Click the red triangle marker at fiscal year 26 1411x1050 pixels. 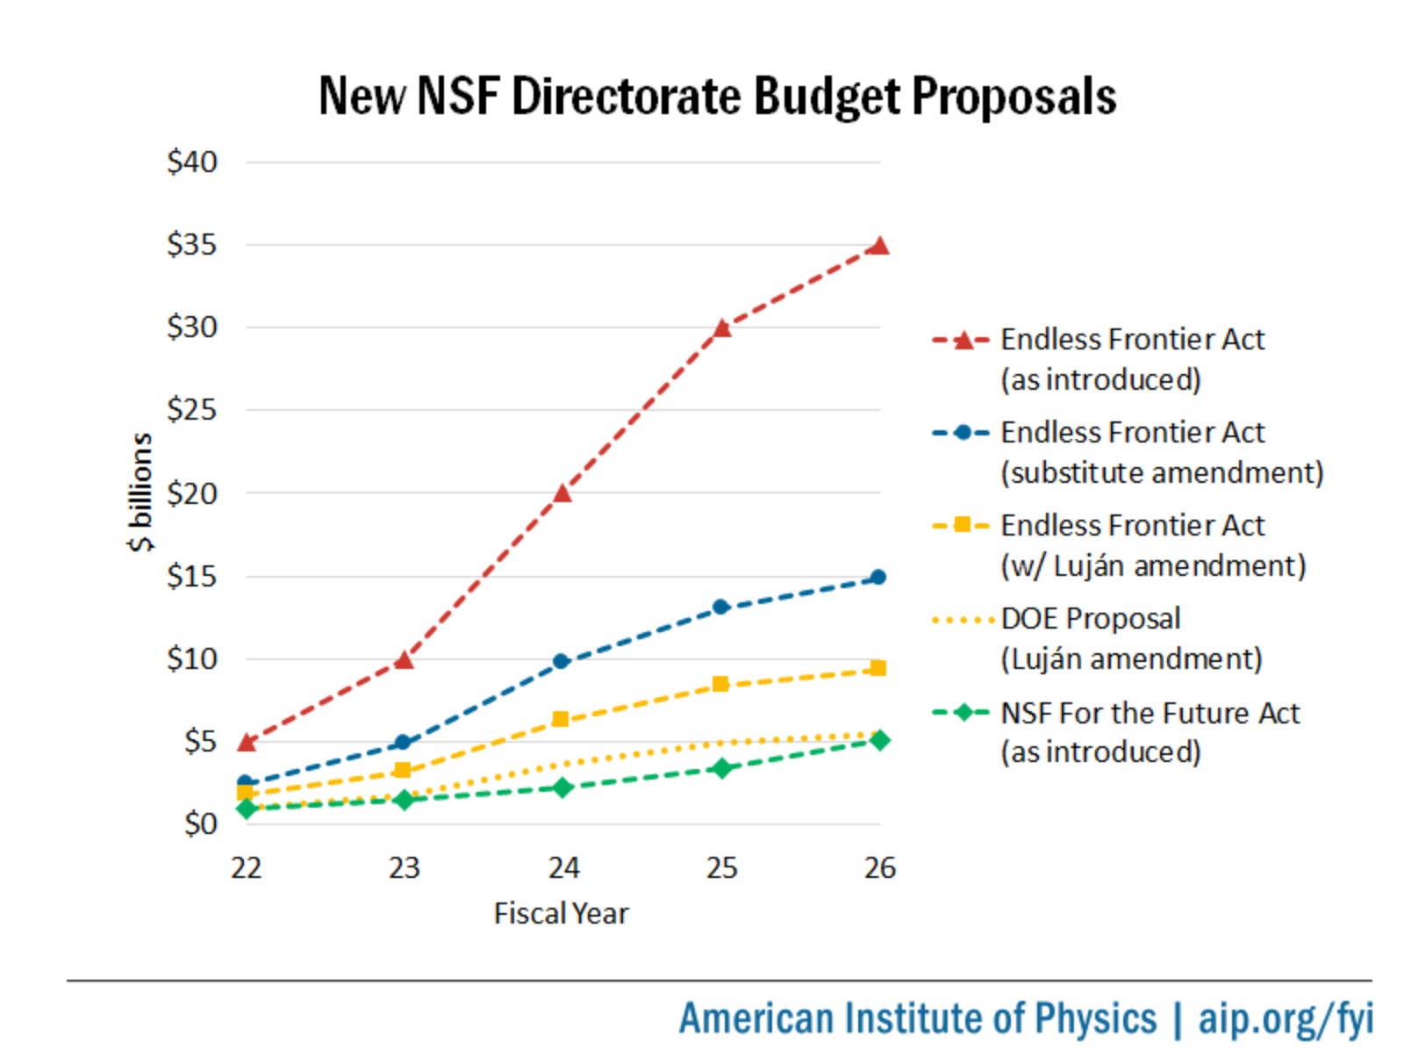878,246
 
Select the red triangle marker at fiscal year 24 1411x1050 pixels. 562,493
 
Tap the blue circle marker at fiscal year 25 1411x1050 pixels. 720,607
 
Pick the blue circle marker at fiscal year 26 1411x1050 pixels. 878,577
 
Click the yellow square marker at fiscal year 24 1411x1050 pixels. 561,719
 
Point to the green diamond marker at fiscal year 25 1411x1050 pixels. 721,768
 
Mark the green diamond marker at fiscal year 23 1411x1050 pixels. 404,799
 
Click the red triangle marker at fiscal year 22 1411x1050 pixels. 247,743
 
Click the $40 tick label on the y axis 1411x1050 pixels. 191,162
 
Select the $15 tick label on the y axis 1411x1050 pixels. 191,576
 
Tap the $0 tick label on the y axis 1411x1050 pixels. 200,823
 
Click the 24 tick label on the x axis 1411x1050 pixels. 563,868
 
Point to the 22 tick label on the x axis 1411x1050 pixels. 246,868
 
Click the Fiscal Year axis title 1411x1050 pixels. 561,913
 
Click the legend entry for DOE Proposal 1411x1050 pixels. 1091,618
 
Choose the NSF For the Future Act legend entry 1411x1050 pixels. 1150,713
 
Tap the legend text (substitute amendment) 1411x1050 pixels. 1162,472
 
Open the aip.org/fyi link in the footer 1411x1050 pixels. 1285,1018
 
